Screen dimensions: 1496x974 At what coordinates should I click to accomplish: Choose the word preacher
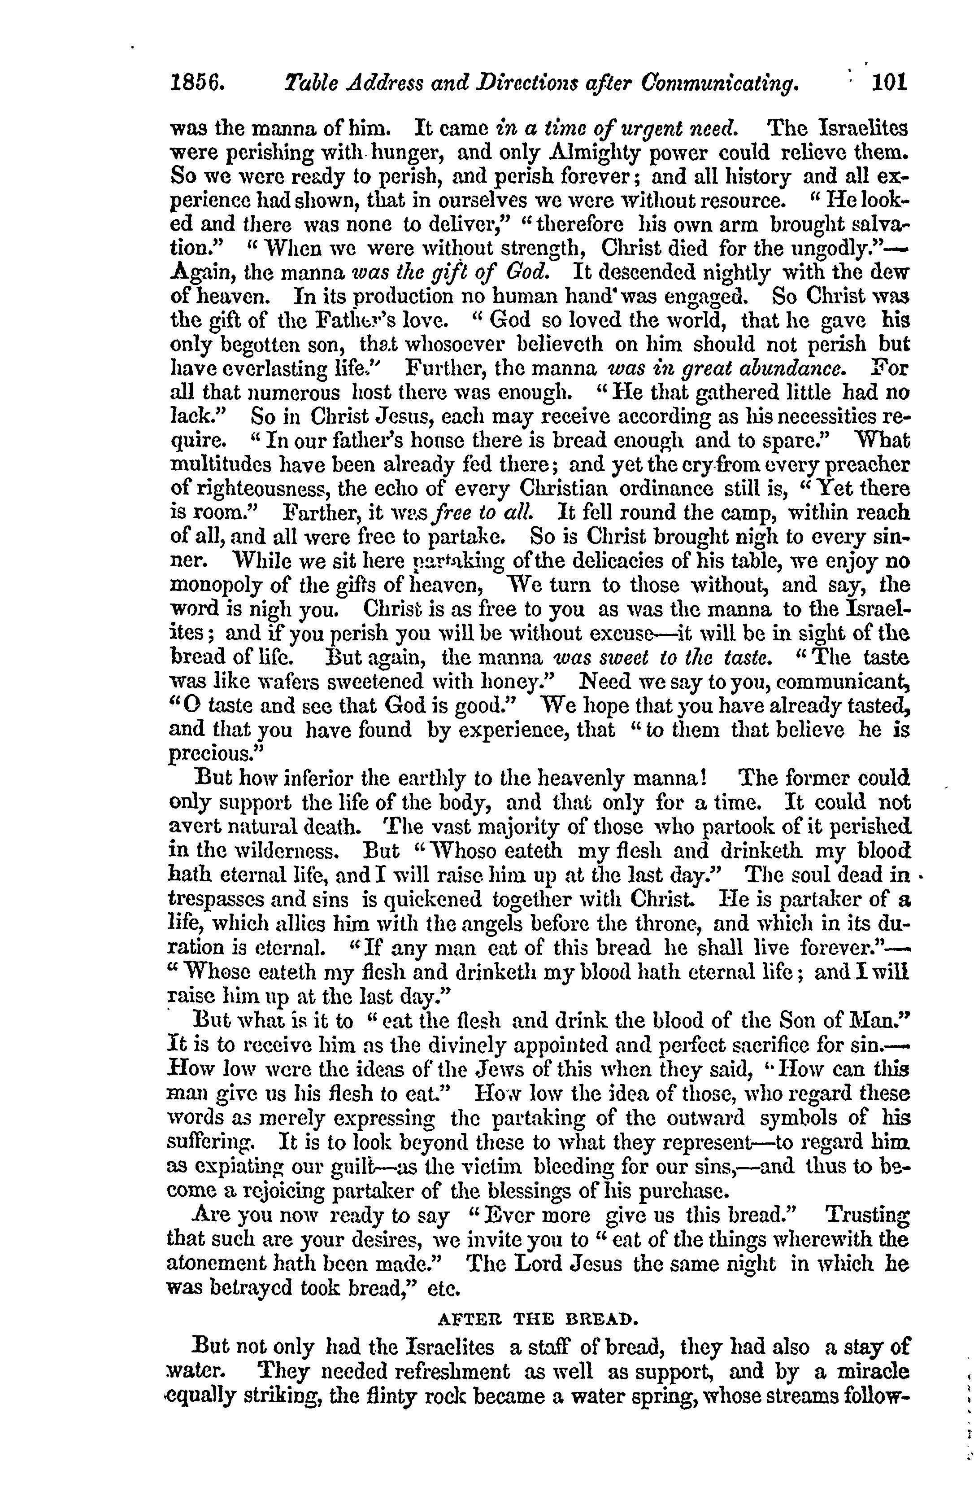coord(862,464)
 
